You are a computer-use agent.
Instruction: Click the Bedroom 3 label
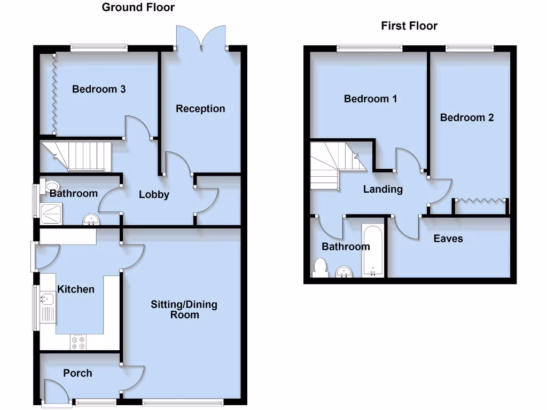point(99,89)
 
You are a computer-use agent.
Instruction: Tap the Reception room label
point(200,109)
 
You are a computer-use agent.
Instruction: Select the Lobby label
point(154,195)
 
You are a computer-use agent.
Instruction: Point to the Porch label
point(77,373)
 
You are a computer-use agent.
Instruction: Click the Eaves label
point(448,239)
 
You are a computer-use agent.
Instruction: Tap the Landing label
point(382,189)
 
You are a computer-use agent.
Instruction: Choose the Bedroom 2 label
point(467,117)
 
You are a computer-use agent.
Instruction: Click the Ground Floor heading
point(138,7)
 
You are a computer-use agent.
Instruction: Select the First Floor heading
point(409,26)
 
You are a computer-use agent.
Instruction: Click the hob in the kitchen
point(78,342)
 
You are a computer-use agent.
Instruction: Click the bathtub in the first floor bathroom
point(372,250)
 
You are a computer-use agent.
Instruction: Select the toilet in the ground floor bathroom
point(53,186)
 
